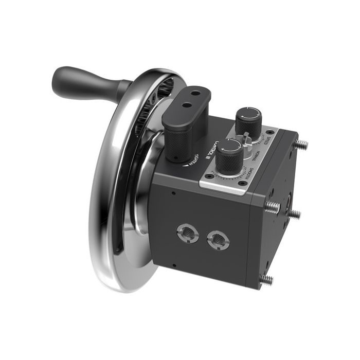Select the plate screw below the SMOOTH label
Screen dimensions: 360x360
pos(240,184)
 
